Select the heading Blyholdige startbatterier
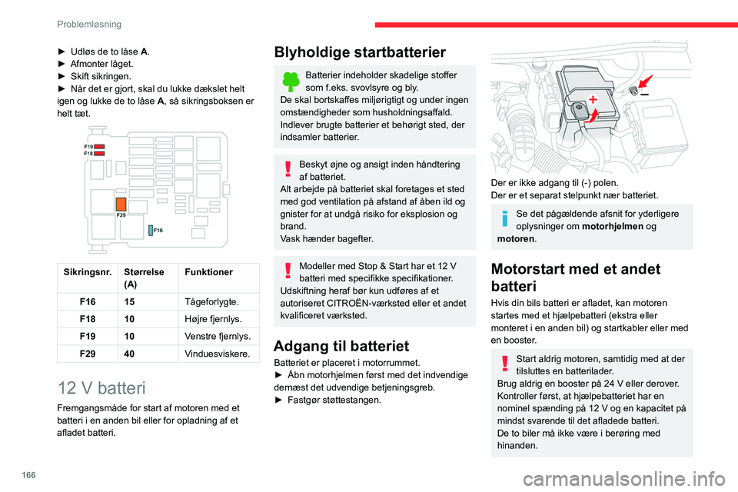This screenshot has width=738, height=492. pyautogui.click(x=360, y=52)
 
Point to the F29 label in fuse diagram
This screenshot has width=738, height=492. pyautogui.click(x=121, y=216)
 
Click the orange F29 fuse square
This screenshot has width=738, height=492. pyautogui.click(x=121, y=204)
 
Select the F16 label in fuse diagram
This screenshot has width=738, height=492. pyautogui.click(x=158, y=230)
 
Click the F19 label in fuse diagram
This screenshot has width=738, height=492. pyautogui.click(x=89, y=145)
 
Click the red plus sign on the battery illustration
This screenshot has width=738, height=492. pyautogui.click(x=593, y=99)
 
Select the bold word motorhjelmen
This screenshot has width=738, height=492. pyautogui.click(x=615, y=226)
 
